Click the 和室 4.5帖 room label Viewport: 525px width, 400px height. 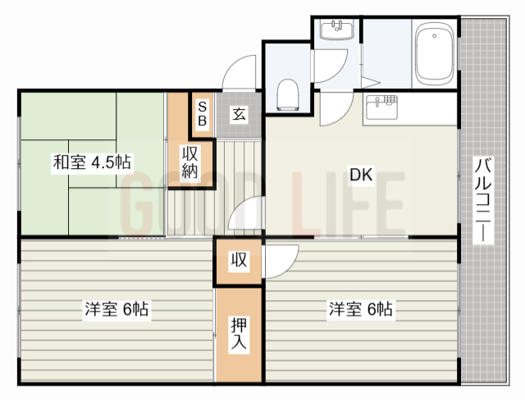[x=92, y=161]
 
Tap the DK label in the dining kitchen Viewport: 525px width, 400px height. [x=361, y=175]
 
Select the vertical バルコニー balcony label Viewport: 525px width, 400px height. [x=483, y=202]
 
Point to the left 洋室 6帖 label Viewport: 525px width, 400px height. [x=116, y=309]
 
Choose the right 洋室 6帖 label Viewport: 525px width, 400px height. [x=360, y=309]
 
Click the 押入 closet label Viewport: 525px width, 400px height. [x=239, y=335]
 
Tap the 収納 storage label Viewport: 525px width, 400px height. [x=190, y=162]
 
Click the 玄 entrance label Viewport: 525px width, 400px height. [x=239, y=114]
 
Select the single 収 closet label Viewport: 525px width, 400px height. [x=239, y=261]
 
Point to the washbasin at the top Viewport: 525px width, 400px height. [x=336, y=30]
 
